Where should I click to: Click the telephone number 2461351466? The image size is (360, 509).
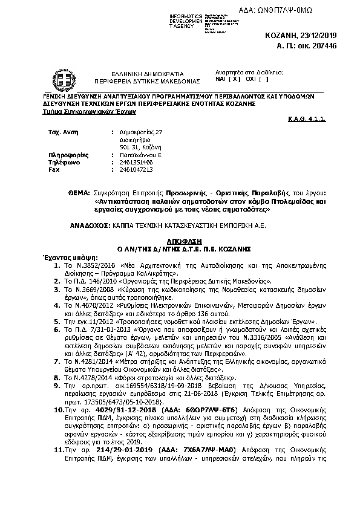point(137,163)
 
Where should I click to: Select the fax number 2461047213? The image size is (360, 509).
point(137,170)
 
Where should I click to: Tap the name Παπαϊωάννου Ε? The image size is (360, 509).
point(140,155)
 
